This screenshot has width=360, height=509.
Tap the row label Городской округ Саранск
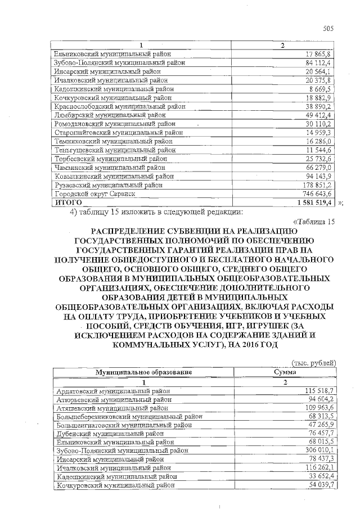coord(95,193)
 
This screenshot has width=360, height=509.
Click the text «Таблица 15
coord(314,221)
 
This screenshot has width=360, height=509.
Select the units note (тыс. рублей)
coord(314,363)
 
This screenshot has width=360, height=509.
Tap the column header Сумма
coord(285,372)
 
